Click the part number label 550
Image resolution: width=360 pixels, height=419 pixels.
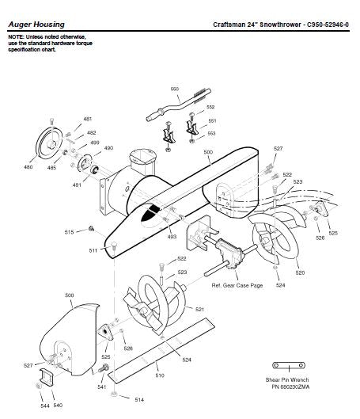[175, 89]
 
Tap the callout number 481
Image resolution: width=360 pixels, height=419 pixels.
[88, 119]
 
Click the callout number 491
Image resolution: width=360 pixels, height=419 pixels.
[77, 185]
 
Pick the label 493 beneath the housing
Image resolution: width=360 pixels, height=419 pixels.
[172, 237]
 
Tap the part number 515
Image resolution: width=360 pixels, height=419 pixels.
[69, 231]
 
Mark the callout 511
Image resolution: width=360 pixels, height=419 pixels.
[93, 250]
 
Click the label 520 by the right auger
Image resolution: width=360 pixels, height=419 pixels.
[300, 272]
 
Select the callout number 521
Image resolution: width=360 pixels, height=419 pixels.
[199, 309]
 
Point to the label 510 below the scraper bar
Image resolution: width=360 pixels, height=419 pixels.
[159, 375]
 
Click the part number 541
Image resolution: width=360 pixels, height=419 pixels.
[101, 387]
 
